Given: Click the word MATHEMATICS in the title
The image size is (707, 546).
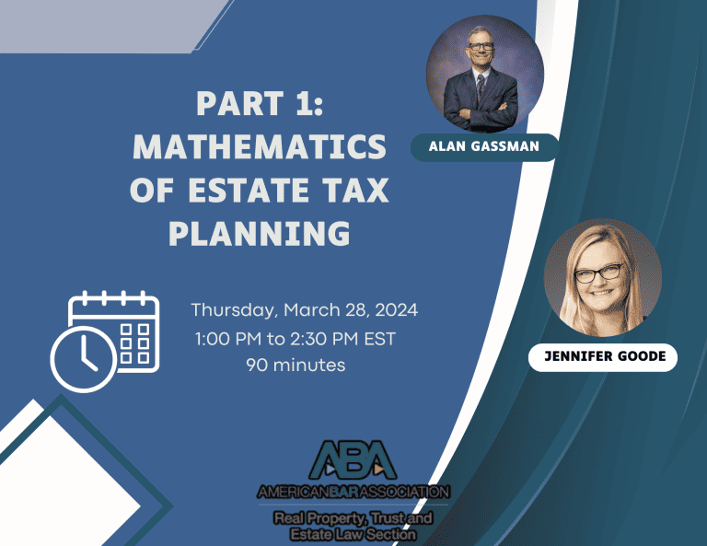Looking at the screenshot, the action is coord(260,146).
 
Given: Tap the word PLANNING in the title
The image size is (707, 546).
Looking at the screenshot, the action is coord(260,233).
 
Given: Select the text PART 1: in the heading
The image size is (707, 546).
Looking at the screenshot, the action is coord(260,103).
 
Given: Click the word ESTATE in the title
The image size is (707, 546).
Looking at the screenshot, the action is coord(249,190).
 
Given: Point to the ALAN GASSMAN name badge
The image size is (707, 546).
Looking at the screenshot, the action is coord(484,147).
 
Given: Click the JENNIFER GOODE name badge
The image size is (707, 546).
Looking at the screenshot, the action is coord(603,357).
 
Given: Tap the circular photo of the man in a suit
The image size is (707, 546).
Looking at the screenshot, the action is coord(485,75).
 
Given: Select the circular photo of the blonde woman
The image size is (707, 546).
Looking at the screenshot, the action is coord(603,278).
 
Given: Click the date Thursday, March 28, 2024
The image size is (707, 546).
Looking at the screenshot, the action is coord(305,310).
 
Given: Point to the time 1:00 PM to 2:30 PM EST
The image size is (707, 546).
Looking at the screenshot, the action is coord(296,339).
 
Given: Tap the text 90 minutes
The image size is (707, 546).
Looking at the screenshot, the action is coord(296,365).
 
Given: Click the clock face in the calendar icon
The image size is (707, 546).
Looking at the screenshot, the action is coord(84,359).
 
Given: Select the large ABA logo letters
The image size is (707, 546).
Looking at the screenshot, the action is coord(353,459).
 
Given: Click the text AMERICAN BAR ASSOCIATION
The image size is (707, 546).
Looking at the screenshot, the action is coord(353,492).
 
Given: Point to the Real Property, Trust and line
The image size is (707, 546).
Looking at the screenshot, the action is coord(353,518).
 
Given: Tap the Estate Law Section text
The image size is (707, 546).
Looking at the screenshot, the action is coord(353,535).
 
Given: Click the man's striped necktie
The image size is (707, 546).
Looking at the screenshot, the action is coord(481,87).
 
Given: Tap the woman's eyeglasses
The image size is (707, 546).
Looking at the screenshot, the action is coord(598,273).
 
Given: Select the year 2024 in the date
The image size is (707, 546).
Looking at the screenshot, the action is coord(397,310).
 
